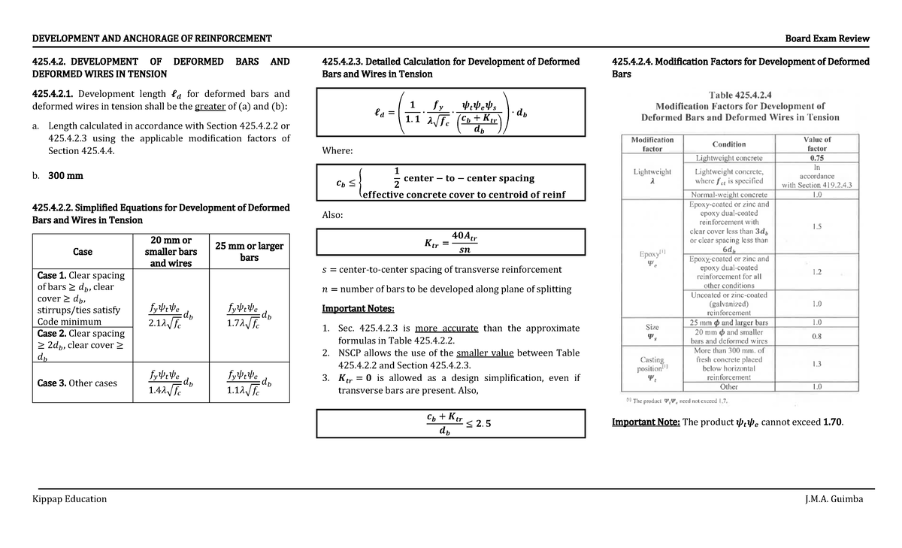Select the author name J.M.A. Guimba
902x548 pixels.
tap(834, 499)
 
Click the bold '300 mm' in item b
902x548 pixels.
tap(65, 176)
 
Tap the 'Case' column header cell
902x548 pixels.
tap(83, 252)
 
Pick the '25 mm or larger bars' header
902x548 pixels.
tap(249, 252)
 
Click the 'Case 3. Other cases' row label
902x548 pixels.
tap(77, 383)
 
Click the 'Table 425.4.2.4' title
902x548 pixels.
tap(740, 95)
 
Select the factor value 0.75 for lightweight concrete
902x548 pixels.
tap(816, 159)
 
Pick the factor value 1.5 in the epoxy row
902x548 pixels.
tap(816, 226)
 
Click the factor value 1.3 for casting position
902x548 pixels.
tap(816, 364)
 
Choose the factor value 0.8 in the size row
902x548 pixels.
tap(816, 336)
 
